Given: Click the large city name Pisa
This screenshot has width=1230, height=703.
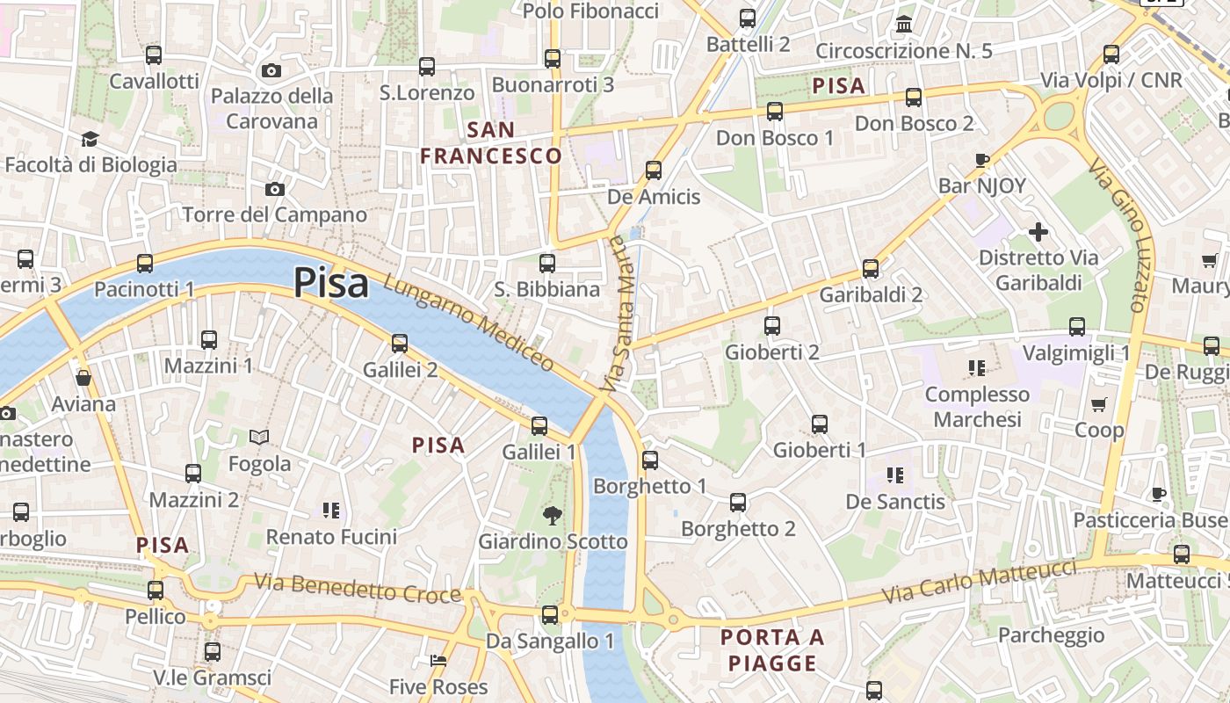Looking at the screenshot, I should tap(330, 283).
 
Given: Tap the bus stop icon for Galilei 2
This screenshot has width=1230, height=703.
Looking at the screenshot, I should tap(400, 343).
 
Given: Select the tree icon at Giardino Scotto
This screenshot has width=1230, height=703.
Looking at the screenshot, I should tap(553, 515).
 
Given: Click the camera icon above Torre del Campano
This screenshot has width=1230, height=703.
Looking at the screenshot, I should tap(275, 189).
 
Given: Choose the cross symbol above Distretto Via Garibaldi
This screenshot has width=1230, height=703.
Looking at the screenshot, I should tap(1038, 232).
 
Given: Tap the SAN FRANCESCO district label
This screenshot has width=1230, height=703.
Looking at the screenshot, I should tap(490, 143).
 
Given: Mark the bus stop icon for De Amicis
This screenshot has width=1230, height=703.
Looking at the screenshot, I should tap(654, 170).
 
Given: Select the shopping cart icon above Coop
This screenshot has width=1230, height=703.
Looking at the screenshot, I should tap(1098, 404).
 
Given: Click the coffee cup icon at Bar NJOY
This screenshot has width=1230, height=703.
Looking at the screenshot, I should tap(982, 160).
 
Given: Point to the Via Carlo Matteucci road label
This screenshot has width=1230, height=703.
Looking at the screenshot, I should tap(979, 582).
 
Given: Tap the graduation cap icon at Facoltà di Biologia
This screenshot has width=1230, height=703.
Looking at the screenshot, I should tap(90, 139).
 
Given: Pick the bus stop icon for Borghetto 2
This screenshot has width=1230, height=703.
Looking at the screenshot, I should tap(738, 502).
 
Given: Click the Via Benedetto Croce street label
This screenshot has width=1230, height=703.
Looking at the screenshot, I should tap(357, 588).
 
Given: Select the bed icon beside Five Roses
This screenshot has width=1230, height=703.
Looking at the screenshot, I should tap(438, 661).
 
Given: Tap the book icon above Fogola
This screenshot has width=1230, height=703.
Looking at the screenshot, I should tap(259, 437).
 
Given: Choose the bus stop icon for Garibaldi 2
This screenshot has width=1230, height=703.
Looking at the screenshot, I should tap(871, 268).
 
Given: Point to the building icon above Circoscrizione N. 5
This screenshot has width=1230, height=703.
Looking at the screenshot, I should tap(904, 24).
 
